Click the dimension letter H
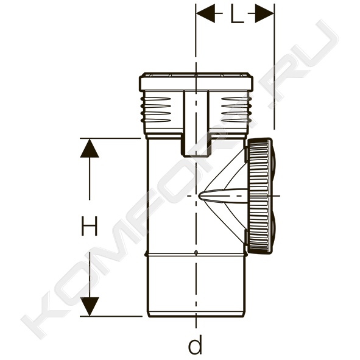point(90,226)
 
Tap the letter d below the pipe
point(195,344)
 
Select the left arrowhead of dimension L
point(205,13)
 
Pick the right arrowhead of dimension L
point(264,13)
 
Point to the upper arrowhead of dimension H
point(90,148)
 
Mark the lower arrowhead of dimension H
point(90,306)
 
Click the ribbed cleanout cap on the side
point(260,196)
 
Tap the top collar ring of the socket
point(196,82)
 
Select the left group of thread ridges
point(156,110)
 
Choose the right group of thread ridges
point(236,110)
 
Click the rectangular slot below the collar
point(196,123)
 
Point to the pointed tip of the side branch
point(199,196)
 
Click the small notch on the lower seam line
point(196,253)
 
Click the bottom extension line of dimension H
point(111,316)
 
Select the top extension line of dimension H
point(110,138)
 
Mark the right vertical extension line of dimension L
point(274,66)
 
